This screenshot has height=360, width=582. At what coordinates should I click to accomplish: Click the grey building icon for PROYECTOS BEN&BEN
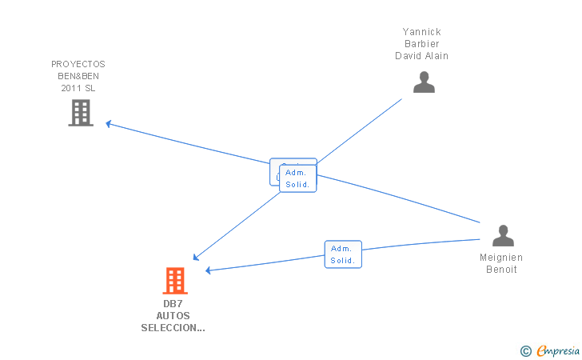[x=81, y=113]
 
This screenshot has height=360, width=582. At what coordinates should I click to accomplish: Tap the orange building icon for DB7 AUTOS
[x=175, y=281]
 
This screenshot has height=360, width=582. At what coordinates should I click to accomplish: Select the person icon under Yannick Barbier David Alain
[x=424, y=82]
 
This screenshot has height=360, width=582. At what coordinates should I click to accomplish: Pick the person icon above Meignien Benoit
[x=503, y=236]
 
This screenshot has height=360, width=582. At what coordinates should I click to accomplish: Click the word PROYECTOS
[x=78, y=64]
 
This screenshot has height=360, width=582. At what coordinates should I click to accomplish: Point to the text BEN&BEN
[x=78, y=76]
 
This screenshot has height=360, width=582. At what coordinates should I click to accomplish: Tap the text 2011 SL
[x=78, y=88]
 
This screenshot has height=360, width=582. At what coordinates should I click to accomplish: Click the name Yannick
[x=421, y=32]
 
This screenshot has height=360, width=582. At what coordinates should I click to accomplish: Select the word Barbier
[x=421, y=44]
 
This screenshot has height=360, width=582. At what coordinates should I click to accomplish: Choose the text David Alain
[x=421, y=56]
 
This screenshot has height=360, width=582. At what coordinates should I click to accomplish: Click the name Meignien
[x=501, y=258]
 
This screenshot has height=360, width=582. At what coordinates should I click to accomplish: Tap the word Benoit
[x=501, y=270]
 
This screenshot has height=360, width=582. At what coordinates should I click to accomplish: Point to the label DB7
[x=173, y=304]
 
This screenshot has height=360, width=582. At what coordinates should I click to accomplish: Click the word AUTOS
[x=173, y=316]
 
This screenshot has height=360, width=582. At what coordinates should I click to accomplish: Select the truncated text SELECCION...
[x=173, y=328]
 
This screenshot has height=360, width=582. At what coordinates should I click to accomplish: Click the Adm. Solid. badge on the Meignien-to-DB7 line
[x=343, y=254]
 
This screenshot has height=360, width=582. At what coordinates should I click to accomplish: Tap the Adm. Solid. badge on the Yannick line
[x=298, y=178]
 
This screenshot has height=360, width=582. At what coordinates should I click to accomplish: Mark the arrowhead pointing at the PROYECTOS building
[x=109, y=124]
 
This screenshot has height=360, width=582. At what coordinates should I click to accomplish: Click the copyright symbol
[x=525, y=350]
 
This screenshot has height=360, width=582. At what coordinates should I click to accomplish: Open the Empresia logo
[x=556, y=350]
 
